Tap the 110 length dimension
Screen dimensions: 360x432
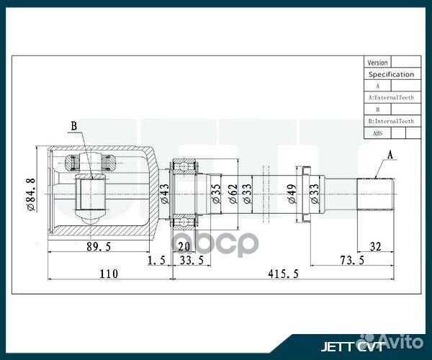point(108,274)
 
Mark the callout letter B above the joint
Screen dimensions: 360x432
point(73,127)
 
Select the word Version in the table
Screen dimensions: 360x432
point(377,63)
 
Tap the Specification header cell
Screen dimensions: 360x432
point(391,74)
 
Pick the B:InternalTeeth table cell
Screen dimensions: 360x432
point(391,122)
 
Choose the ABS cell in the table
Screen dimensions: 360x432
point(377,133)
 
